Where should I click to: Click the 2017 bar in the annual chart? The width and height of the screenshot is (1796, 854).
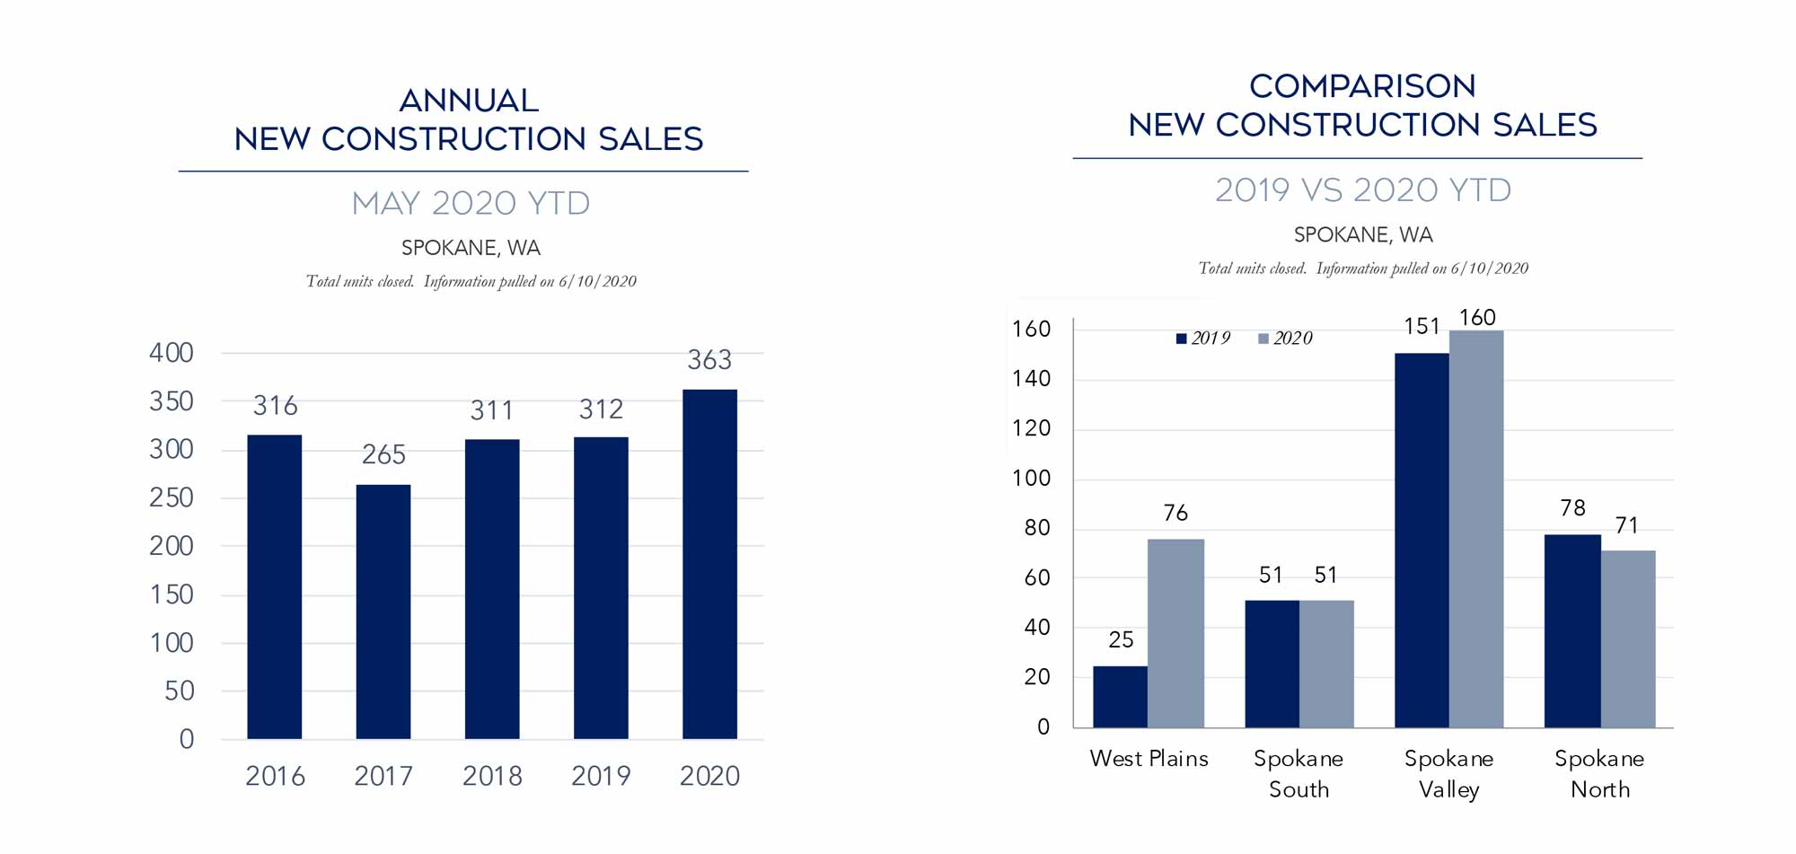[x=383, y=612]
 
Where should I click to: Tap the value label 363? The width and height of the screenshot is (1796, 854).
[x=709, y=360]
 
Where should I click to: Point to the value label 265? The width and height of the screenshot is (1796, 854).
[x=383, y=454]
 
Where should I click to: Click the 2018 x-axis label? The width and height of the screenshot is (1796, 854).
[x=492, y=776]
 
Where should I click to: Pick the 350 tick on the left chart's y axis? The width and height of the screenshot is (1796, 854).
[x=172, y=401]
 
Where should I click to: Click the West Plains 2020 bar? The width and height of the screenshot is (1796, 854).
[x=1175, y=633]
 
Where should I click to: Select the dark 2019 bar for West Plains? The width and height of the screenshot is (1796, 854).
[x=1120, y=697]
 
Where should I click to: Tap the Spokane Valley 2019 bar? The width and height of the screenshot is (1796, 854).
[x=1422, y=540]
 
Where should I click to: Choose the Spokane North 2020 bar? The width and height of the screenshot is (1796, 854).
[x=1628, y=638]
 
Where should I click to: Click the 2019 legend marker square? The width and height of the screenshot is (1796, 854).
[x=1182, y=339]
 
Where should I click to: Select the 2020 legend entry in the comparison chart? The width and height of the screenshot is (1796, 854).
[x=1286, y=339]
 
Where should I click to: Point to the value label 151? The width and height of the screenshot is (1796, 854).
[x=1422, y=327]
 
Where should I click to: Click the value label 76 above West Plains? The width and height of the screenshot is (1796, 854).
[x=1175, y=513]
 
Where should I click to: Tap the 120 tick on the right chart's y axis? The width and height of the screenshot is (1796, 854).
[x=1031, y=428]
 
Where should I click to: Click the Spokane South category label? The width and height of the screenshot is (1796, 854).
[x=1299, y=773]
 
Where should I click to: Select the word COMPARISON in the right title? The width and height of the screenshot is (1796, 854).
[x=1362, y=86]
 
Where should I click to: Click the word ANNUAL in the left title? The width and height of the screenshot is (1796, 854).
[x=469, y=101]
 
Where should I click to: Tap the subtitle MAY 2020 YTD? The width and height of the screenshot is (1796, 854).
[x=471, y=204]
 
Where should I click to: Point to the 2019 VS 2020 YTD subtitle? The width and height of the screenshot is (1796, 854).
[x=1363, y=190]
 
